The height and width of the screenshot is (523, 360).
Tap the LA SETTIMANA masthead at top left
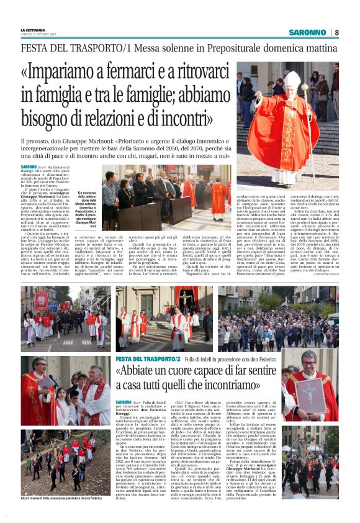coord(34,29)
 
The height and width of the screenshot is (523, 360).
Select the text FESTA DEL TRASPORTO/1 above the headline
coord(76,47)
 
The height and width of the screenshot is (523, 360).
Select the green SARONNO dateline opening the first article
coord(29,168)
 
